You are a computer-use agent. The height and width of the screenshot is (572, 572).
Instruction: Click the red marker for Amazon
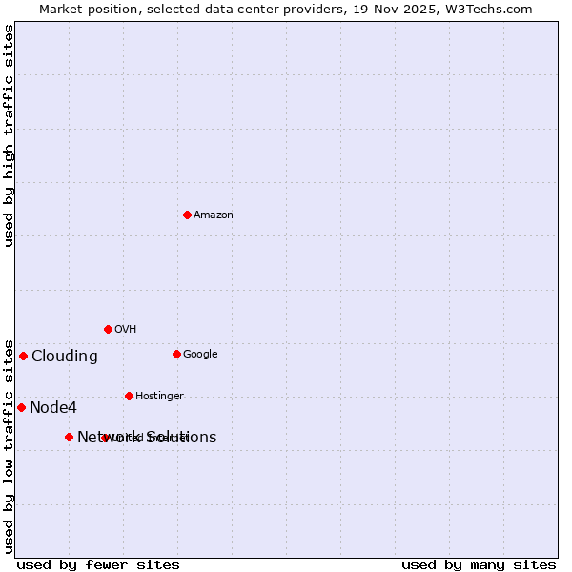[x=187, y=214]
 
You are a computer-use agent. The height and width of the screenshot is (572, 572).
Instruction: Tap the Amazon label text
[x=213, y=215]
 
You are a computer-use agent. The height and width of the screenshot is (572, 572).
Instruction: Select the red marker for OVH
[x=108, y=329]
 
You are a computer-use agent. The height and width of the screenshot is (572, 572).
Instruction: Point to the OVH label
[x=125, y=330]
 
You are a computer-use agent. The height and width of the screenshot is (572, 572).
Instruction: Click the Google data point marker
[x=176, y=354]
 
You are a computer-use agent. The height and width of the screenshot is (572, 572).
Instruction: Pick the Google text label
[x=200, y=355]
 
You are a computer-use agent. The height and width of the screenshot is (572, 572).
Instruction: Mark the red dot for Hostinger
[x=129, y=396]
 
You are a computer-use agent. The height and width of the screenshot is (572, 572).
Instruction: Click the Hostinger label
[x=159, y=397]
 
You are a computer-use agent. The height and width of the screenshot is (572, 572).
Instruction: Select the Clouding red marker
[x=23, y=356]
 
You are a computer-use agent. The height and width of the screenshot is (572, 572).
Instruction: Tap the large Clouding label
[x=64, y=357]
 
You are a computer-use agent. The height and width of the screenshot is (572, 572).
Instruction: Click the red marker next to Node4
[x=21, y=407]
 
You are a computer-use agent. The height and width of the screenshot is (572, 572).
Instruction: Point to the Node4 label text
[x=52, y=408]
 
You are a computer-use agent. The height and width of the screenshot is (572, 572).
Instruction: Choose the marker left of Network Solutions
[x=69, y=437]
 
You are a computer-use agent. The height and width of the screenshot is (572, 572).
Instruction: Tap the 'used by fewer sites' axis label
[x=98, y=564]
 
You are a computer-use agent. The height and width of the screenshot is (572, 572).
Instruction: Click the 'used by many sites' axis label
[x=479, y=564]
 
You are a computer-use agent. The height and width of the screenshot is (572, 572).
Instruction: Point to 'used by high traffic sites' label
[x=9, y=135]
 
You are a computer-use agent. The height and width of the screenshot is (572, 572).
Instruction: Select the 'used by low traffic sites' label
[x=9, y=445]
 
